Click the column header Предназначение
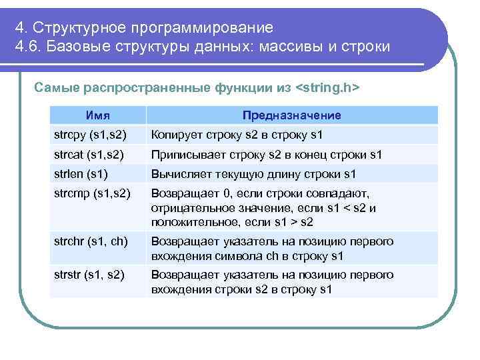291,115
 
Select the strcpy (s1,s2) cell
90,135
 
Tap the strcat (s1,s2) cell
89,155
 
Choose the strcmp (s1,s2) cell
91,194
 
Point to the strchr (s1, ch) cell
91,241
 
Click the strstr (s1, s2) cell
89,275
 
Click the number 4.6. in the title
29,48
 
